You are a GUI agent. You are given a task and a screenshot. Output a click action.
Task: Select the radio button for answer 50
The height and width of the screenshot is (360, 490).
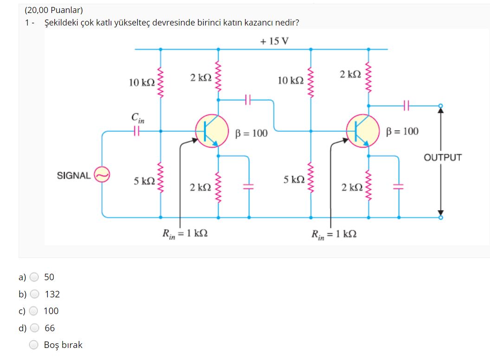pos(34,277)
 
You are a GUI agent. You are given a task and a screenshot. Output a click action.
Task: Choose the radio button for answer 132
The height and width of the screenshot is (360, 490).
pos(34,294)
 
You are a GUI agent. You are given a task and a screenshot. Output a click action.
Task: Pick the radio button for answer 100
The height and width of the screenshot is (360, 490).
pos(34,311)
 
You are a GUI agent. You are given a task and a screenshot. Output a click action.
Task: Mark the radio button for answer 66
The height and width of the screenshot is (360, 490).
pos(34,328)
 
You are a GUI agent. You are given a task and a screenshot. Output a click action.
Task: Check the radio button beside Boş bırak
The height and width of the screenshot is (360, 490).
pos(34,345)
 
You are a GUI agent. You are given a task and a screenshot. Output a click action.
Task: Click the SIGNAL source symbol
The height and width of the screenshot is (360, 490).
pos(102,175)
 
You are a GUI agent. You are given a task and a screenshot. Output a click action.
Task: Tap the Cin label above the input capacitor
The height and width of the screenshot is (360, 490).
pos(137,119)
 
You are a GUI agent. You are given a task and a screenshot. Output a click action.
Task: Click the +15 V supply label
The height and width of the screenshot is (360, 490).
pos(274,41)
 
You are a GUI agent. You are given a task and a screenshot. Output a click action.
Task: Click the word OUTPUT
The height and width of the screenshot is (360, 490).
pos(443,157)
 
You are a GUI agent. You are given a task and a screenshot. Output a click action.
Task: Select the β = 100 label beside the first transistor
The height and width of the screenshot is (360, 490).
pos(251,134)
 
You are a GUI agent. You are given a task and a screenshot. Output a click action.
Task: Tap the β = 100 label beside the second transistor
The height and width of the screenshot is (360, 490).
pos(402,131)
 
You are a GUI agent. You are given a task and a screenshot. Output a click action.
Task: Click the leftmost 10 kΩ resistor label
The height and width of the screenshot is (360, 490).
pos(142,83)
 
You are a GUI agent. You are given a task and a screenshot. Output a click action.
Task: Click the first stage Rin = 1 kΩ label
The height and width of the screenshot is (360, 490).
pos(184,233)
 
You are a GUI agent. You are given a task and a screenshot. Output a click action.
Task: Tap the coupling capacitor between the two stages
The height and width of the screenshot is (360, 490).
pos(248,99)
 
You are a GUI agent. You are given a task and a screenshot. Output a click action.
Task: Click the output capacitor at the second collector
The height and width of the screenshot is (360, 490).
pos(407,106)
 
